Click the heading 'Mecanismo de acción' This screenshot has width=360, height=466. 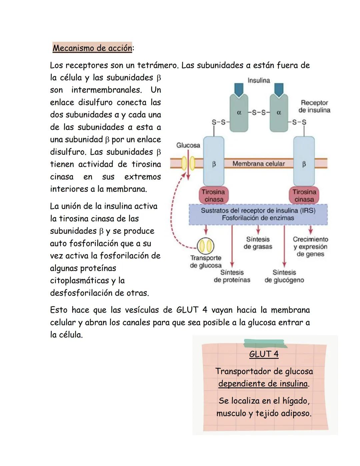92,48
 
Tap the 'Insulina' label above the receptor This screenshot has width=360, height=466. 259,80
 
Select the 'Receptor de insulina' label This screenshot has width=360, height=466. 314,106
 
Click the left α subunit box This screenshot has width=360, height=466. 239,113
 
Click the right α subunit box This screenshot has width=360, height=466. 279,113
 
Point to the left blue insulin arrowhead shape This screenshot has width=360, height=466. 239,89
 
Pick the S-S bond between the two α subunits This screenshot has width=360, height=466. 259,113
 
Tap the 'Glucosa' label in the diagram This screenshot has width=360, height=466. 188,145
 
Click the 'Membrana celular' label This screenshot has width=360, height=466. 259,163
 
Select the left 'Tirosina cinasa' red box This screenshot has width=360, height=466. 213,195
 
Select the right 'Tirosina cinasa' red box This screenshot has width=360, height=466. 304,195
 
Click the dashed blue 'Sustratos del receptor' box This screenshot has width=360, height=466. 258,214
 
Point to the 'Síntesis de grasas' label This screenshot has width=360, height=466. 258,243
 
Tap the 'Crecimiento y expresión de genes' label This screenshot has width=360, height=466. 310,247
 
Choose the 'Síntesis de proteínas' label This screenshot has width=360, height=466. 232,276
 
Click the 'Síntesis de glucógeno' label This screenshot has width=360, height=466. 284,276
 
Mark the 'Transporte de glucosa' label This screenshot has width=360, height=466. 206,262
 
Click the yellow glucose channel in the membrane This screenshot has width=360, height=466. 188,163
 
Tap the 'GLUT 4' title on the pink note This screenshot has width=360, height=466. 264,354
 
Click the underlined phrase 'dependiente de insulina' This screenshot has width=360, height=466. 263,384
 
